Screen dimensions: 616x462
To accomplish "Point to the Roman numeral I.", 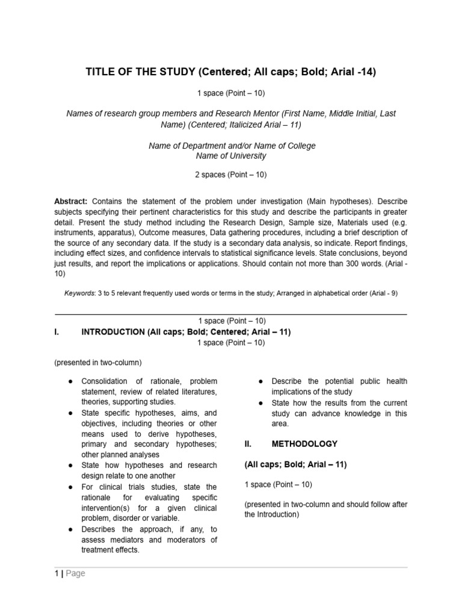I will [57, 331].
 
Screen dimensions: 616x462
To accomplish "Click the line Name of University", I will [231, 156].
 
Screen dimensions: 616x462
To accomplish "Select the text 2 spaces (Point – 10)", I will [231, 175].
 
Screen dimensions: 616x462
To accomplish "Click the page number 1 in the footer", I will [56, 573].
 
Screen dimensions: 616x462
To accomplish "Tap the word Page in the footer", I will [75, 573].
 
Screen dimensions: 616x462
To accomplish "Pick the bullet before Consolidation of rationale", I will [70, 381].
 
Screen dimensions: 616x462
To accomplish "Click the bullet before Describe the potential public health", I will [260, 381].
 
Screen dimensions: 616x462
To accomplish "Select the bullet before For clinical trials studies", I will [70, 487].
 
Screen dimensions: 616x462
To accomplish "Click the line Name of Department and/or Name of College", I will [231, 146].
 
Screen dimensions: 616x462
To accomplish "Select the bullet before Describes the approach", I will [70, 529].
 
